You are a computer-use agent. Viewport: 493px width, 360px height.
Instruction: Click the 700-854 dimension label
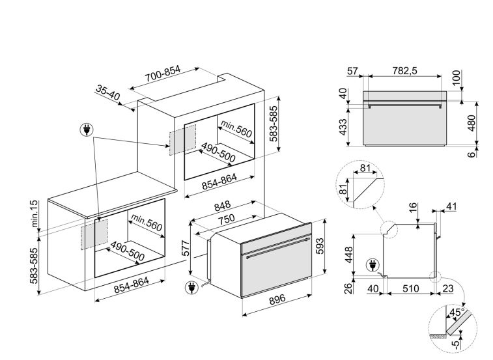pos(163,74)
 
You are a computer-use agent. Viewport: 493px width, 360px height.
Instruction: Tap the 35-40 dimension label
pos(108,92)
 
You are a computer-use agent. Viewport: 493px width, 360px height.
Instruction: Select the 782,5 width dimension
pos(404,71)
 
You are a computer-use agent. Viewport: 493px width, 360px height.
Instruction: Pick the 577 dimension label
pos(186,249)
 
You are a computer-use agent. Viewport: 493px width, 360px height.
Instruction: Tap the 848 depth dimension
pos(223,206)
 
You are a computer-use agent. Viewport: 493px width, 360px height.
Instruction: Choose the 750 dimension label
pos(227,219)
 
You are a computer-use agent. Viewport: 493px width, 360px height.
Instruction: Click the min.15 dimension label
pos(35,214)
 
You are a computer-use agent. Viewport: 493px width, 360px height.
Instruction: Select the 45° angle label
pos(457,312)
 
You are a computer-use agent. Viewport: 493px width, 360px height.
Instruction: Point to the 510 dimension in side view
pos(411,288)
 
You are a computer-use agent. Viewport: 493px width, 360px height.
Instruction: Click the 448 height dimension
pos(349,255)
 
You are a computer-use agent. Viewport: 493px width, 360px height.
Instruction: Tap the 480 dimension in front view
pos(472,123)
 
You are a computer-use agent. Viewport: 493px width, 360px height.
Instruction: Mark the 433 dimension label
pos(343,127)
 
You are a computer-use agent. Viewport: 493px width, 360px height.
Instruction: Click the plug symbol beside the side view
pos(373,265)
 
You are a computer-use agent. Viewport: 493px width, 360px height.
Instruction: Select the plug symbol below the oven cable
pos(191,288)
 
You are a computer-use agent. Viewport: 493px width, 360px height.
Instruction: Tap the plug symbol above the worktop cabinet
pos(87,130)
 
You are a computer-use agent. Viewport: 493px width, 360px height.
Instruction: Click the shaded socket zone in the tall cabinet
pos(182,140)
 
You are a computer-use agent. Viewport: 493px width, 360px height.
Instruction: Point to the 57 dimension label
pos(352,71)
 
